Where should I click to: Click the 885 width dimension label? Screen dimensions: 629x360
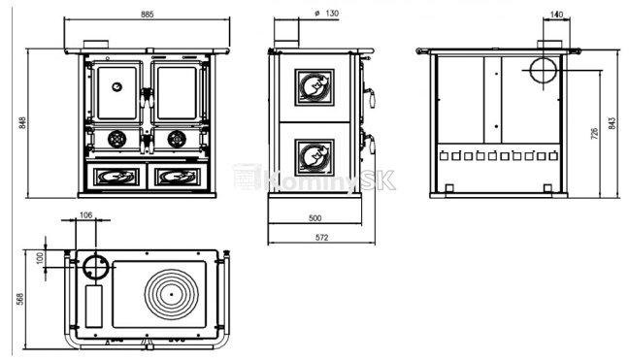[x=148, y=15]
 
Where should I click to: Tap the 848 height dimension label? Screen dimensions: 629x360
[x=22, y=122]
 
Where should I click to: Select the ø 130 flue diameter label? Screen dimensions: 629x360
[x=327, y=14]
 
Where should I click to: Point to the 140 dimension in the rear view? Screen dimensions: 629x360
[x=556, y=15]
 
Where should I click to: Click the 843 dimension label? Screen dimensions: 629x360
[x=612, y=123]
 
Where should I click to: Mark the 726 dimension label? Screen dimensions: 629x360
[x=594, y=134]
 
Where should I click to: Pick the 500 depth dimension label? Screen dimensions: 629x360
[x=314, y=218]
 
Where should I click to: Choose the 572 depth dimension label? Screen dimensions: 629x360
[x=321, y=238]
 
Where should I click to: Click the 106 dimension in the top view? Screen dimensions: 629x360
[x=85, y=215]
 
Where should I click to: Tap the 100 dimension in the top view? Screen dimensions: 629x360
[x=39, y=258]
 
